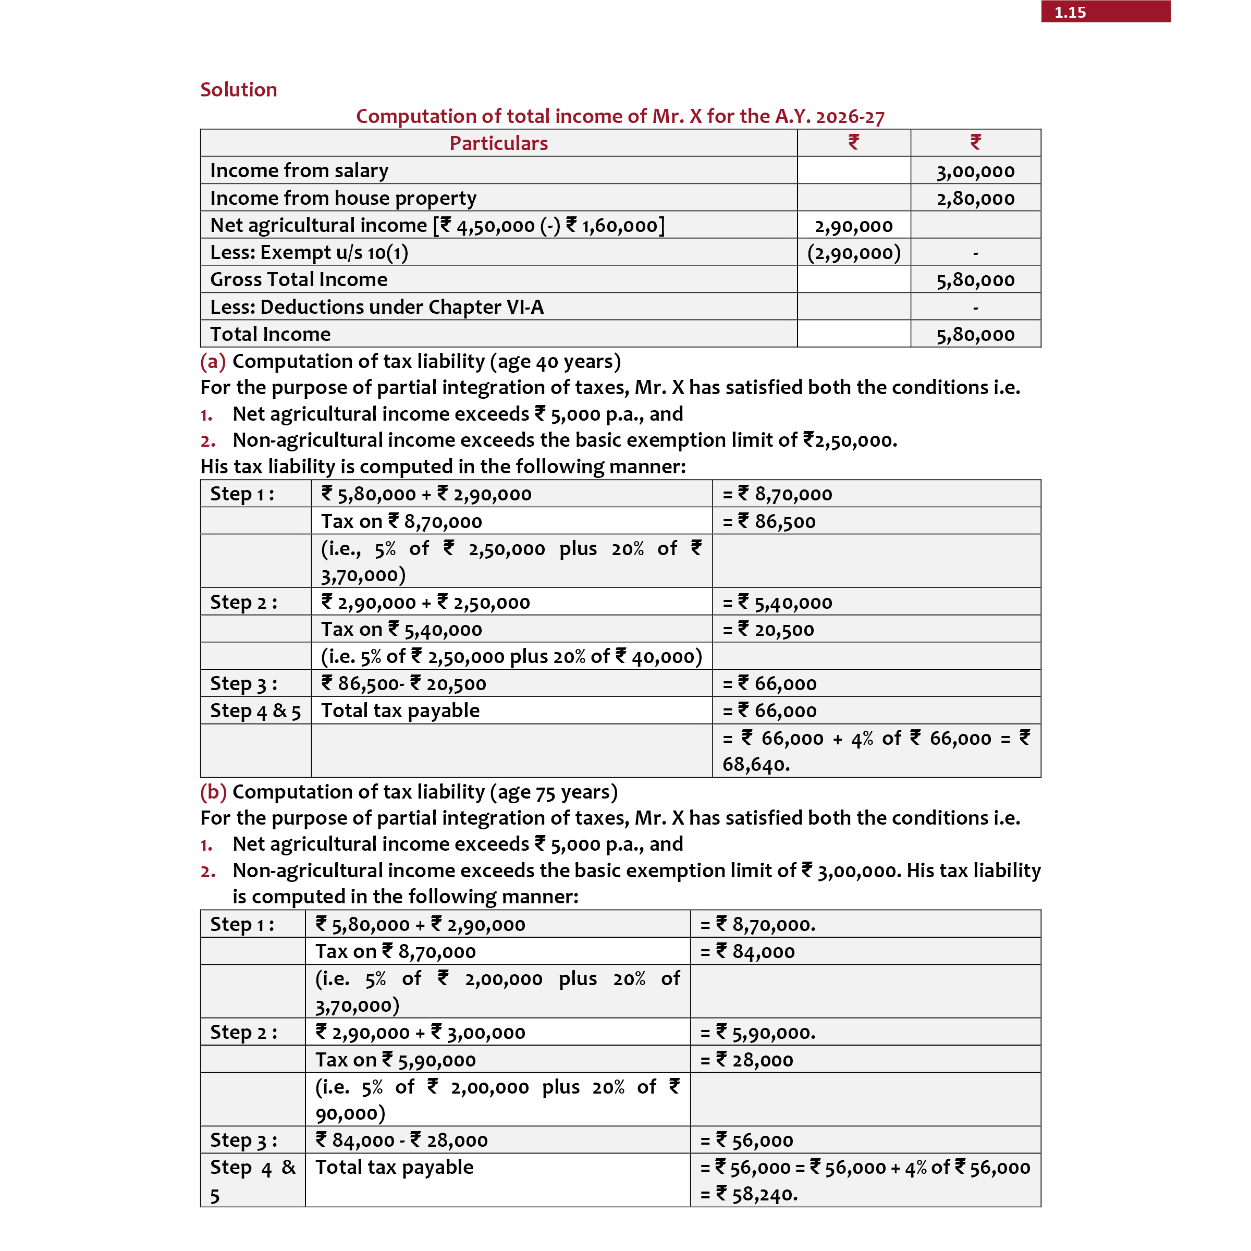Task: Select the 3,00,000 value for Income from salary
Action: [975, 171]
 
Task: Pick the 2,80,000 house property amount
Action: [975, 199]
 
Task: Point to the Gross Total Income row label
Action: [299, 280]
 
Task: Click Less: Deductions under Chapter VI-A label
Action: [376, 307]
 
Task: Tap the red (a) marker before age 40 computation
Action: [212, 361]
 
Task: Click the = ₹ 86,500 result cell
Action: [769, 521]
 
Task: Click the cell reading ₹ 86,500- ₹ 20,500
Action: [403, 684]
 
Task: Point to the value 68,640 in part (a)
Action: [755, 765]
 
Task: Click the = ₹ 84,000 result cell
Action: [747, 952]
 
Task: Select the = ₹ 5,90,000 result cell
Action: [757, 1033]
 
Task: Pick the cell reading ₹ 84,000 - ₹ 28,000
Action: [401, 1140]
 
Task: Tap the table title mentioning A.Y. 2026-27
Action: [620, 117]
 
